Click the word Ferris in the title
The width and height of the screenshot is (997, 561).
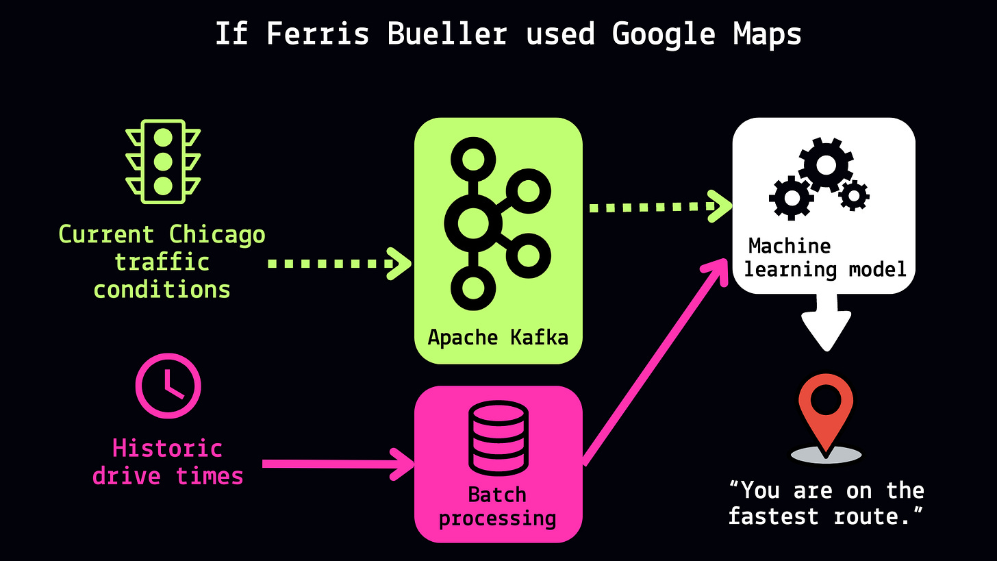(317, 33)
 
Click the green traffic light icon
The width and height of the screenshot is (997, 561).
(163, 162)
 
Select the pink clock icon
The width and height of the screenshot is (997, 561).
(168, 386)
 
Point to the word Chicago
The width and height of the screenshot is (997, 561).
(217, 235)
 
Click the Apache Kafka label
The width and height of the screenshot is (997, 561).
(498, 337)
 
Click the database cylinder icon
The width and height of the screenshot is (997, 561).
(498, 438)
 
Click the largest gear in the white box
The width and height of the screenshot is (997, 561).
(826, 164)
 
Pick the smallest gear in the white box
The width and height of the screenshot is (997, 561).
(854, 196)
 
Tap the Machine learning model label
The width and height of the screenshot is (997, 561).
(824, 258)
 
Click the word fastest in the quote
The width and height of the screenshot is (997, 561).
(773, 516)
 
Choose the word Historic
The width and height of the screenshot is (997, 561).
(168, 449)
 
